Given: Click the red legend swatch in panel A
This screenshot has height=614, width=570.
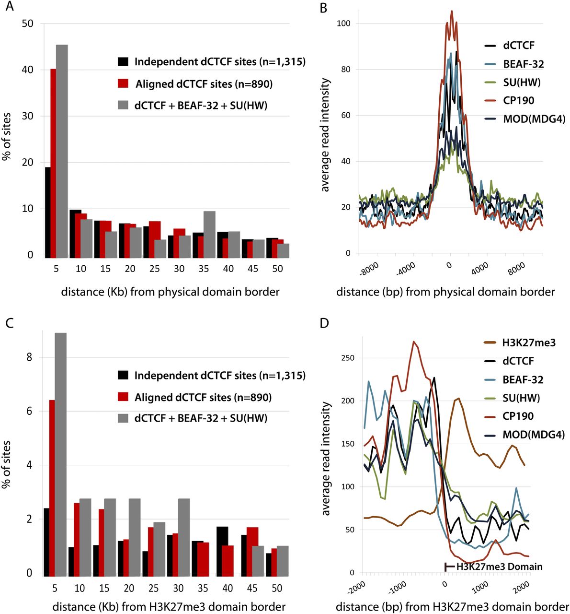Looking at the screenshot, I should pyautogui.click(x=123, y=83).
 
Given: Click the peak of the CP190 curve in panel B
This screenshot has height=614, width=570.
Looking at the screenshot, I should pyautogui.click(x=451, y=12).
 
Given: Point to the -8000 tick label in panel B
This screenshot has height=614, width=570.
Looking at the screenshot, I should pyautogui.click(x=368, y=269).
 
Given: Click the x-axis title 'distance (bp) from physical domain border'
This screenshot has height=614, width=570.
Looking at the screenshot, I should pyautogui.click(x=445, y=292).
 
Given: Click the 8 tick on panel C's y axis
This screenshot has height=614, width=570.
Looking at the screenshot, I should pyautogui.click(x=29, y=357).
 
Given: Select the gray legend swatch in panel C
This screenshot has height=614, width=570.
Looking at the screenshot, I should pyautogui.click(x=123, y=418).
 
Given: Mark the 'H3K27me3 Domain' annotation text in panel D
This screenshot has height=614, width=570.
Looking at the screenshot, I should pyautogui.click(x=499, y=567).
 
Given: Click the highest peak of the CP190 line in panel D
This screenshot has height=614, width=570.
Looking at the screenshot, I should pyautogui.click(x=414, y=342).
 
